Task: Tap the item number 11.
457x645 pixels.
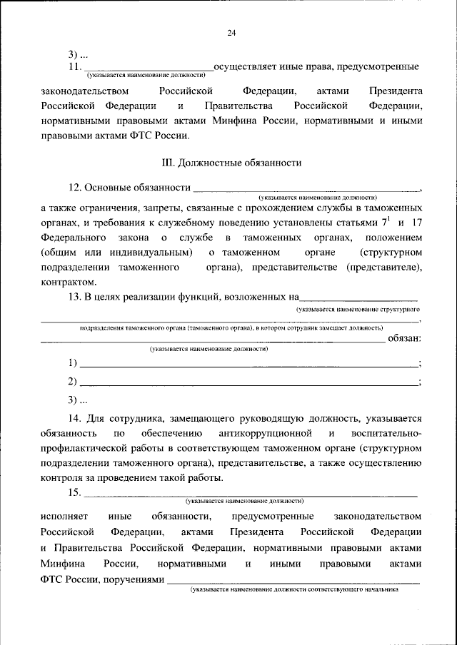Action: click(74, 66)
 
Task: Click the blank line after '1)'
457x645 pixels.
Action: click(248, 364)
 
